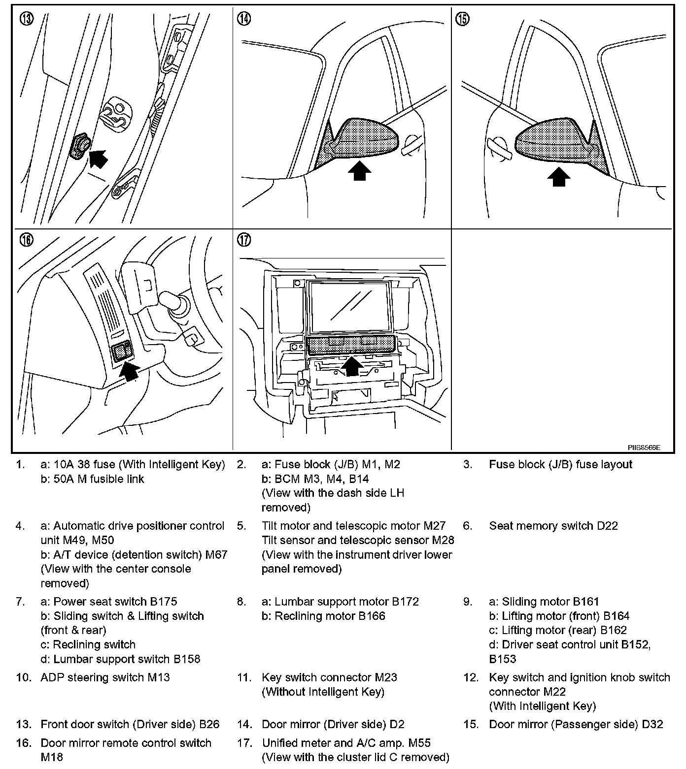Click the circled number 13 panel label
26,19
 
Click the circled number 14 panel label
244,19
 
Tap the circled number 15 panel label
463,19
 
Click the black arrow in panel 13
99,158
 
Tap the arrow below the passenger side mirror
559,177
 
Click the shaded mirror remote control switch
122,352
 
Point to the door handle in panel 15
498,149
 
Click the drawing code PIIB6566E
644,448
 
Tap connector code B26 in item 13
209,724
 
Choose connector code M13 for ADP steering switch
159,677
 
